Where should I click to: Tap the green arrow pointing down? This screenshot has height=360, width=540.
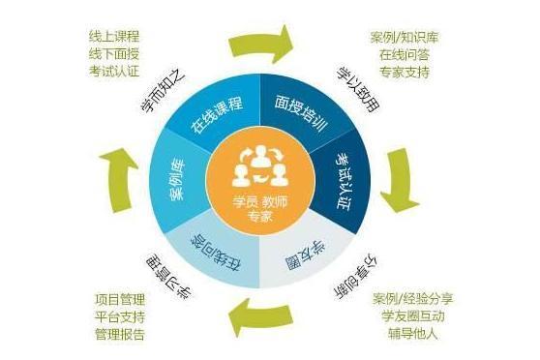[405, 177]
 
